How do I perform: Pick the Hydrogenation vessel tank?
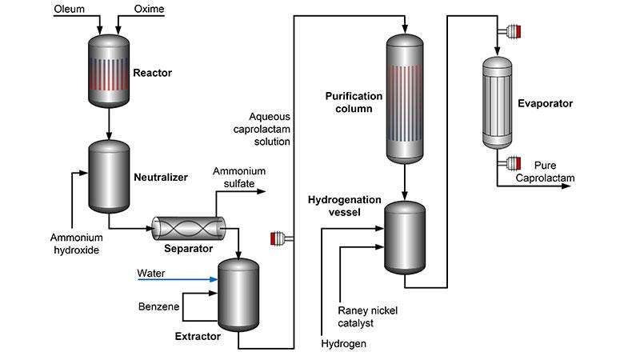[x=406, y=235]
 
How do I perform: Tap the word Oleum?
[x=70, y=10]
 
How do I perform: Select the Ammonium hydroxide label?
[x=76, y=244]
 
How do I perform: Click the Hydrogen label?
[x=342, y=344]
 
